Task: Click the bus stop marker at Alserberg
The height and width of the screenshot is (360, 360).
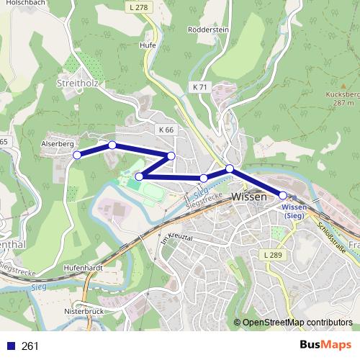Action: (x=77, y=155)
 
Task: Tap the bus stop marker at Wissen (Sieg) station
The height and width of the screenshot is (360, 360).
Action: (x=283, y=195)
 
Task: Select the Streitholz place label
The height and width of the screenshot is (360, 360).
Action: (x=76, y=84)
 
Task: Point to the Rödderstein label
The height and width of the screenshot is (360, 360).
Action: (x=208, y=30)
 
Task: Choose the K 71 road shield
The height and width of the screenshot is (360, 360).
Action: (x=199, y=87)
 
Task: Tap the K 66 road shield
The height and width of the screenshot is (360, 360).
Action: (x=166, y=130)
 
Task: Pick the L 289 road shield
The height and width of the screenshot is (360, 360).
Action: (x=273, y=255)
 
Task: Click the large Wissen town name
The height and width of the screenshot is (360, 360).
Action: (x=249, y=196)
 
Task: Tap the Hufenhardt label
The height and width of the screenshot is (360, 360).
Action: (x=84, y=266)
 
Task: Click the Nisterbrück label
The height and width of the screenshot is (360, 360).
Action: (x=85, y=312)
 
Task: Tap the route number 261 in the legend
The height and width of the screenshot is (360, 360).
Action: (x=31, y=346)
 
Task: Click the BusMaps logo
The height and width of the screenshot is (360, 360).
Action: (x=325, y=346)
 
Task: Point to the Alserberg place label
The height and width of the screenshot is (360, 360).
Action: (x=58, y=144)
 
